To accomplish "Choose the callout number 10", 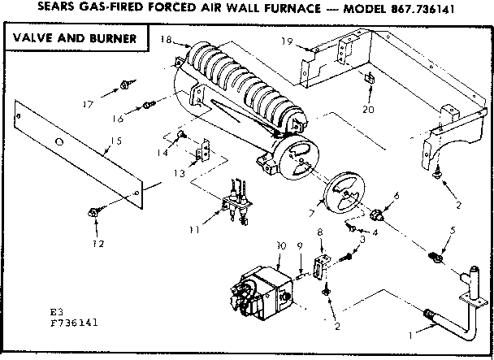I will (280, 245).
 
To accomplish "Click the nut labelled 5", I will (435, 258).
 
